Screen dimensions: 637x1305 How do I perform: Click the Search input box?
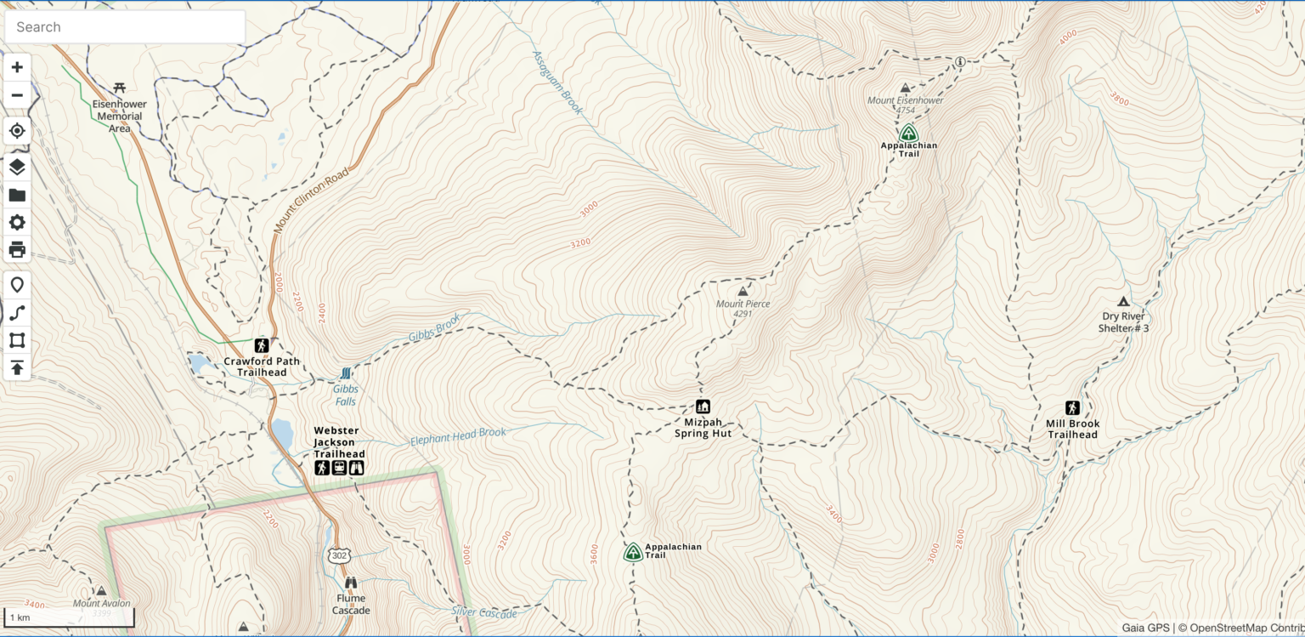[x=125, y=27]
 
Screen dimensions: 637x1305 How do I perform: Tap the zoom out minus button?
[x=17, y=94]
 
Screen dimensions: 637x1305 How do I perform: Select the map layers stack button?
[x=17, y=167]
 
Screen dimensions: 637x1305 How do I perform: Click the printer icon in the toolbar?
[x=17, y=250]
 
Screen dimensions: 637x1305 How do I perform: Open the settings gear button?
[x=17, y=223]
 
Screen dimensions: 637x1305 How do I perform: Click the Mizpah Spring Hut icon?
[x=703, y=407]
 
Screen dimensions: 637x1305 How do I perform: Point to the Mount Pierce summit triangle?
[x=743, y=291]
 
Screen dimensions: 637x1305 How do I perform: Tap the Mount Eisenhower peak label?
[x=905, y=100]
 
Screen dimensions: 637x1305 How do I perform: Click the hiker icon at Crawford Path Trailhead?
[x=262, y=345]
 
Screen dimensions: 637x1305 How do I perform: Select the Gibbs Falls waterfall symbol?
[x=346, y=373]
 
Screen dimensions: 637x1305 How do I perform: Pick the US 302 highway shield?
[x=340, y=555]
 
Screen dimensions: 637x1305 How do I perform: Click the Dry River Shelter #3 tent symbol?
[x=1122, y=301]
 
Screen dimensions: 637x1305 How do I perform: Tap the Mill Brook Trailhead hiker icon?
[x=1072, y=408]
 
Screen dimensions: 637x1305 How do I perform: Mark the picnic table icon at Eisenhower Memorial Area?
[x=120, y=88]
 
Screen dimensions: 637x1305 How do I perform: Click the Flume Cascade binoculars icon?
[x=350, y=583]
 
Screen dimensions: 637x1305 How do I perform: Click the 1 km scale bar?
[x=69, y=617]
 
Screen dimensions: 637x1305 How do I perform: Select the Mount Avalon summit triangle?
[x=101, y=590]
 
